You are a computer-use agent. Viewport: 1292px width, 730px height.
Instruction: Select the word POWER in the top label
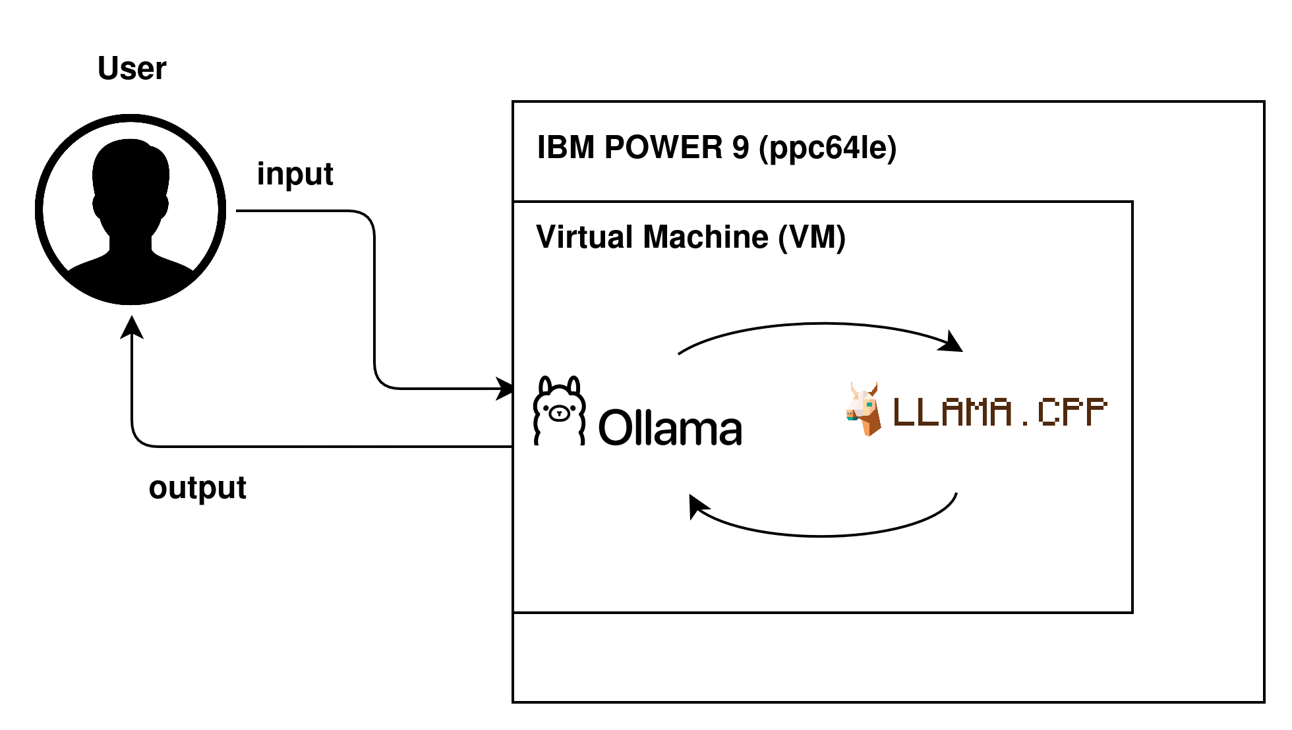(x=663, y=148)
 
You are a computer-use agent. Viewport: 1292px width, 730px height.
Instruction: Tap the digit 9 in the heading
(x=740, y=148)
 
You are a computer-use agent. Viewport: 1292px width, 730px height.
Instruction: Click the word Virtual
(x=585, y=237)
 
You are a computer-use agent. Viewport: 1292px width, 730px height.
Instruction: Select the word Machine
(x=705, y=237)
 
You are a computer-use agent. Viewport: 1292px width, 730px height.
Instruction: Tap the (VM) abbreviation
(x=811, y=238)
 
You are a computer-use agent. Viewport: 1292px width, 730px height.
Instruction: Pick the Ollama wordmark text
(x=670, y=428)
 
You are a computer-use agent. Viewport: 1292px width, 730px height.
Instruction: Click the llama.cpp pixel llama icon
(x=864, y=408)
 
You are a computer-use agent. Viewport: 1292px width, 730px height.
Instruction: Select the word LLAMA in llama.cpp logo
(x=952, y=412)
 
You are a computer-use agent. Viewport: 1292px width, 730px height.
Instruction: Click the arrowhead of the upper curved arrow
(x=953, y=343)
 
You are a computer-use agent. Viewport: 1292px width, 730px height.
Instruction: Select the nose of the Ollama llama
(x=560, y=414)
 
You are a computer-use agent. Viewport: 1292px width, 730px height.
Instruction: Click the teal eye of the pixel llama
(x=869, y=404)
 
